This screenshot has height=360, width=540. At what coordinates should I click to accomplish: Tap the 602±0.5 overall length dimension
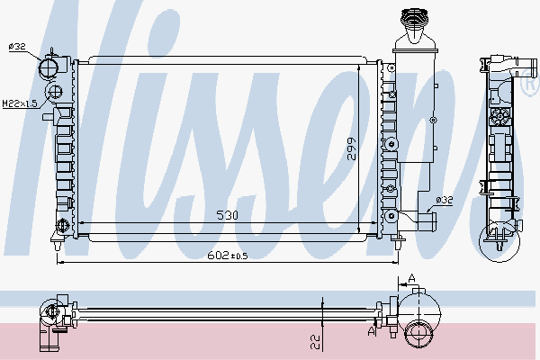tap(229, 256)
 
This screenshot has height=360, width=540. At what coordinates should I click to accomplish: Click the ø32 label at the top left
tap(16, 46)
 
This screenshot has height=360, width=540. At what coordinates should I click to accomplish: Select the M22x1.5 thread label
tap(19, 104)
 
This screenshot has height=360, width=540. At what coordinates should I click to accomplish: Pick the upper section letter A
tap(411, 278)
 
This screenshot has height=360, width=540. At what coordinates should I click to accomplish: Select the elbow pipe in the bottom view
tap(49, 335)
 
